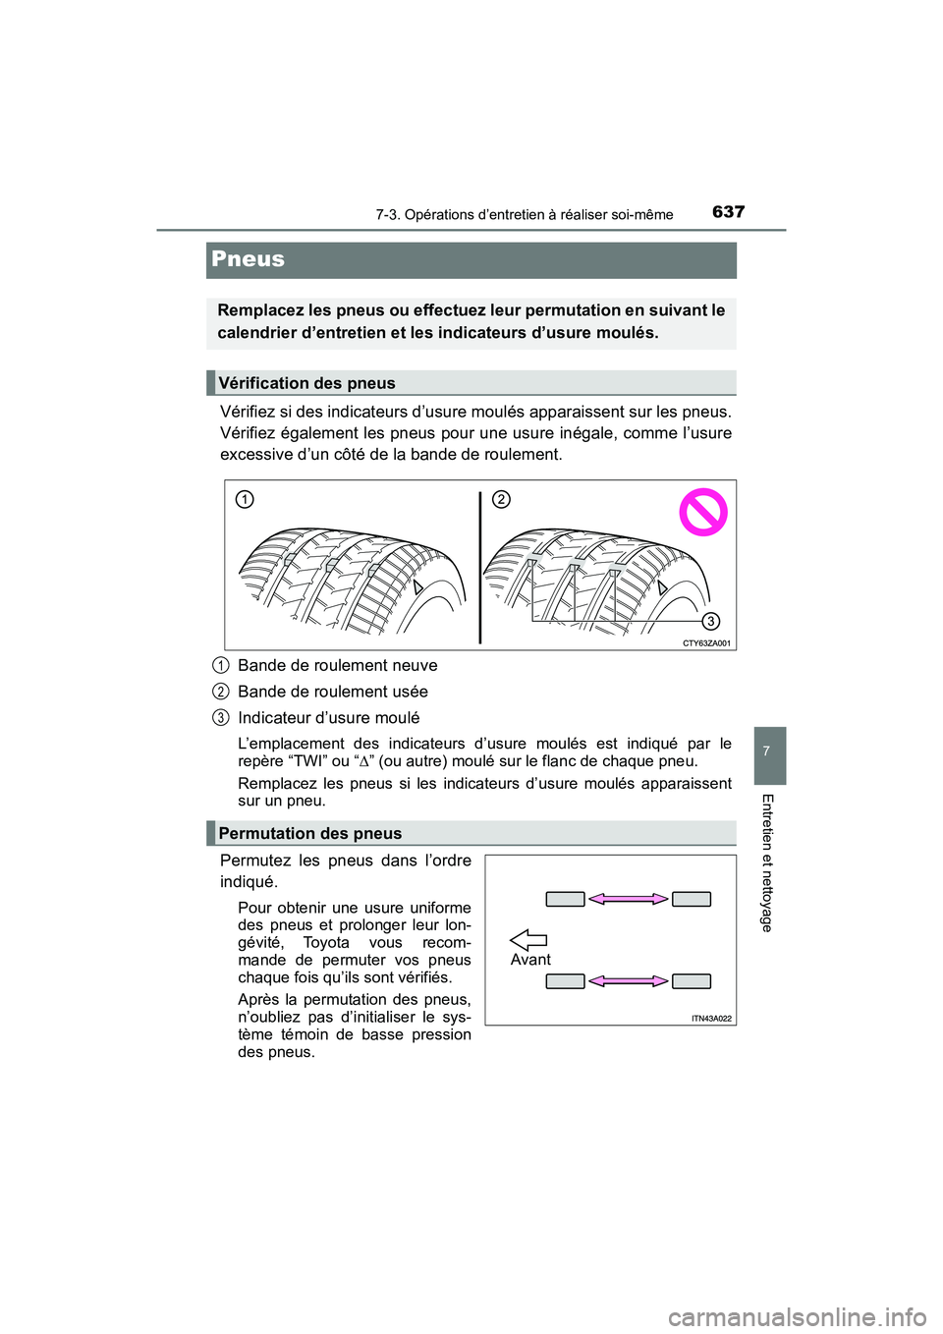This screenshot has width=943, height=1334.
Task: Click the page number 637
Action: click(728, 212)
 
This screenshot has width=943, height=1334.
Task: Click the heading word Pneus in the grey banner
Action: click(249, 259)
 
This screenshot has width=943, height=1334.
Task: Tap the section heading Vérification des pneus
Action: click(306, 383)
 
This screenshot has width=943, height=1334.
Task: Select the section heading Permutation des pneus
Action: click(309, 833)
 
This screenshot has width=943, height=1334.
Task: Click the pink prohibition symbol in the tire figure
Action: click(703, 512)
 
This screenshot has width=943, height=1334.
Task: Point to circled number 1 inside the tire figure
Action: click(245, 499)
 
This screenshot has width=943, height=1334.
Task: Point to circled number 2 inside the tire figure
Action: click(501, 499)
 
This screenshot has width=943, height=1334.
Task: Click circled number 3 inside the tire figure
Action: click(710, 621)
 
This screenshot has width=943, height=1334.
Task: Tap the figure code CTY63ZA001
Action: click(706, 643)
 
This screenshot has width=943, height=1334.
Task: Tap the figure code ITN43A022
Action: click(711, 1019)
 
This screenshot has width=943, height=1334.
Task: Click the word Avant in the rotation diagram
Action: click(530, 960)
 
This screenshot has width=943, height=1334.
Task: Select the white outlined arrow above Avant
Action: click(528, 940)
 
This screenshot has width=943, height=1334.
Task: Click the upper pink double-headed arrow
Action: click(629, 899)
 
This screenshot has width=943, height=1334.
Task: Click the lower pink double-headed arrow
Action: click(629, 980)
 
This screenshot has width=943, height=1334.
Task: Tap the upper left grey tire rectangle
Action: click(565, 899)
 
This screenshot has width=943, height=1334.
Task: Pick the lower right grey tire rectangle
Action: click(692, 980)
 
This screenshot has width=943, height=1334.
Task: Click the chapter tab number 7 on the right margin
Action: click(766, 751)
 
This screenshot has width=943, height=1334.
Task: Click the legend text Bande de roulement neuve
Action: click(338, 665)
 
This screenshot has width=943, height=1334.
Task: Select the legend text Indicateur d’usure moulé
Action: click(328, 718)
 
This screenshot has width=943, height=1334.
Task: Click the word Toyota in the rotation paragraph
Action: click(326, 943)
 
